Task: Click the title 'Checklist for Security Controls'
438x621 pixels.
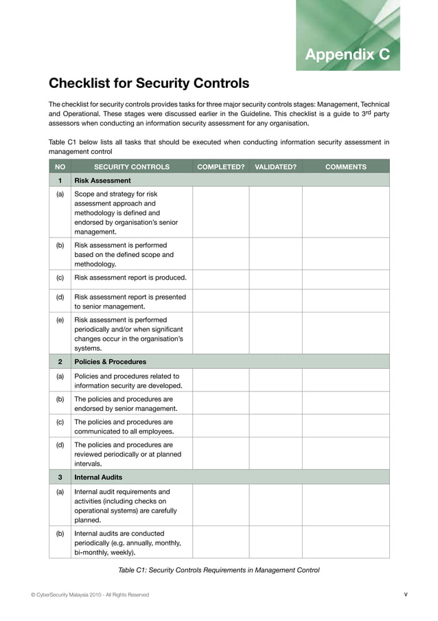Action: [x=148, y=84]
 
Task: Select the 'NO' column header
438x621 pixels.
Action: [x=60, y=166]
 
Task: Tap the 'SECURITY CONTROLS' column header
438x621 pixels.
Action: [x=131, y=166]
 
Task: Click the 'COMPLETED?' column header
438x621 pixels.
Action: [x=220, y=166]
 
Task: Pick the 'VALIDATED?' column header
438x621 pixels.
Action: [x=275, y=166]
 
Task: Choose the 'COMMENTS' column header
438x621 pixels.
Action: [x=345, y=166]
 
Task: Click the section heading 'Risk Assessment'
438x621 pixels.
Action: [x=102, y=181]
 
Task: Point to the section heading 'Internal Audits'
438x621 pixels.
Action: [x=100, y=477]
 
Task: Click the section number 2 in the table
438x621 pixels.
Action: [x=60, y=361]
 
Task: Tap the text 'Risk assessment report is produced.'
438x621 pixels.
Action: [x=130, y=278]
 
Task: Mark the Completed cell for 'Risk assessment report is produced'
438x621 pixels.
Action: [x=220, y=278]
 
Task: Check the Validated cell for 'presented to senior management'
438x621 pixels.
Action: [x=275, y=302]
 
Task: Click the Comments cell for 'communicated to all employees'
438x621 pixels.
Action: [x=345, y=425]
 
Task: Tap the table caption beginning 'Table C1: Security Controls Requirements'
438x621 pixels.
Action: [x=219, y=570]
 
